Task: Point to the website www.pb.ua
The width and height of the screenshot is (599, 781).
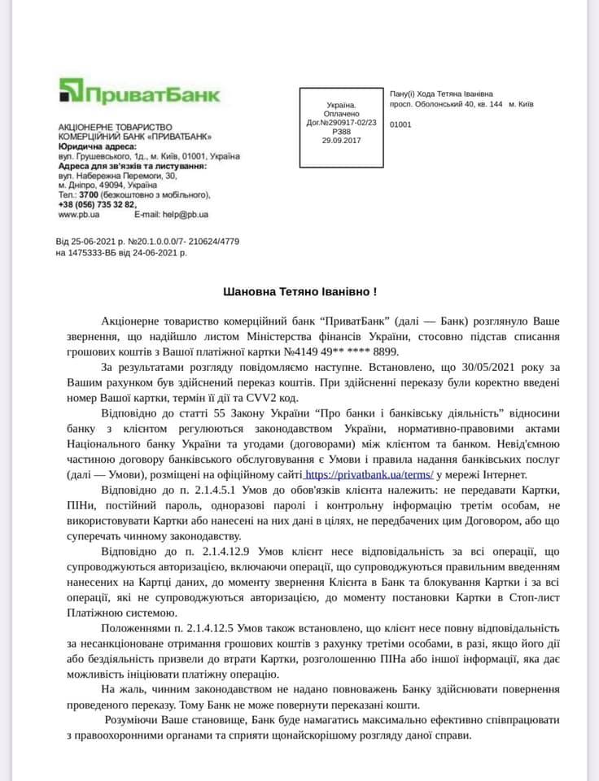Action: [79, 214]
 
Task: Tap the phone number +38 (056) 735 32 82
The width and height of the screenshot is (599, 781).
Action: [97, 204]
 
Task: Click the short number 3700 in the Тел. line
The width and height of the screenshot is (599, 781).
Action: [89, 194]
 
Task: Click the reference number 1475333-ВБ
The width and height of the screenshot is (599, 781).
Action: [98, 253]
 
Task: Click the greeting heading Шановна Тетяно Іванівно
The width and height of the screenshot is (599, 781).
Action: [299, 291]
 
